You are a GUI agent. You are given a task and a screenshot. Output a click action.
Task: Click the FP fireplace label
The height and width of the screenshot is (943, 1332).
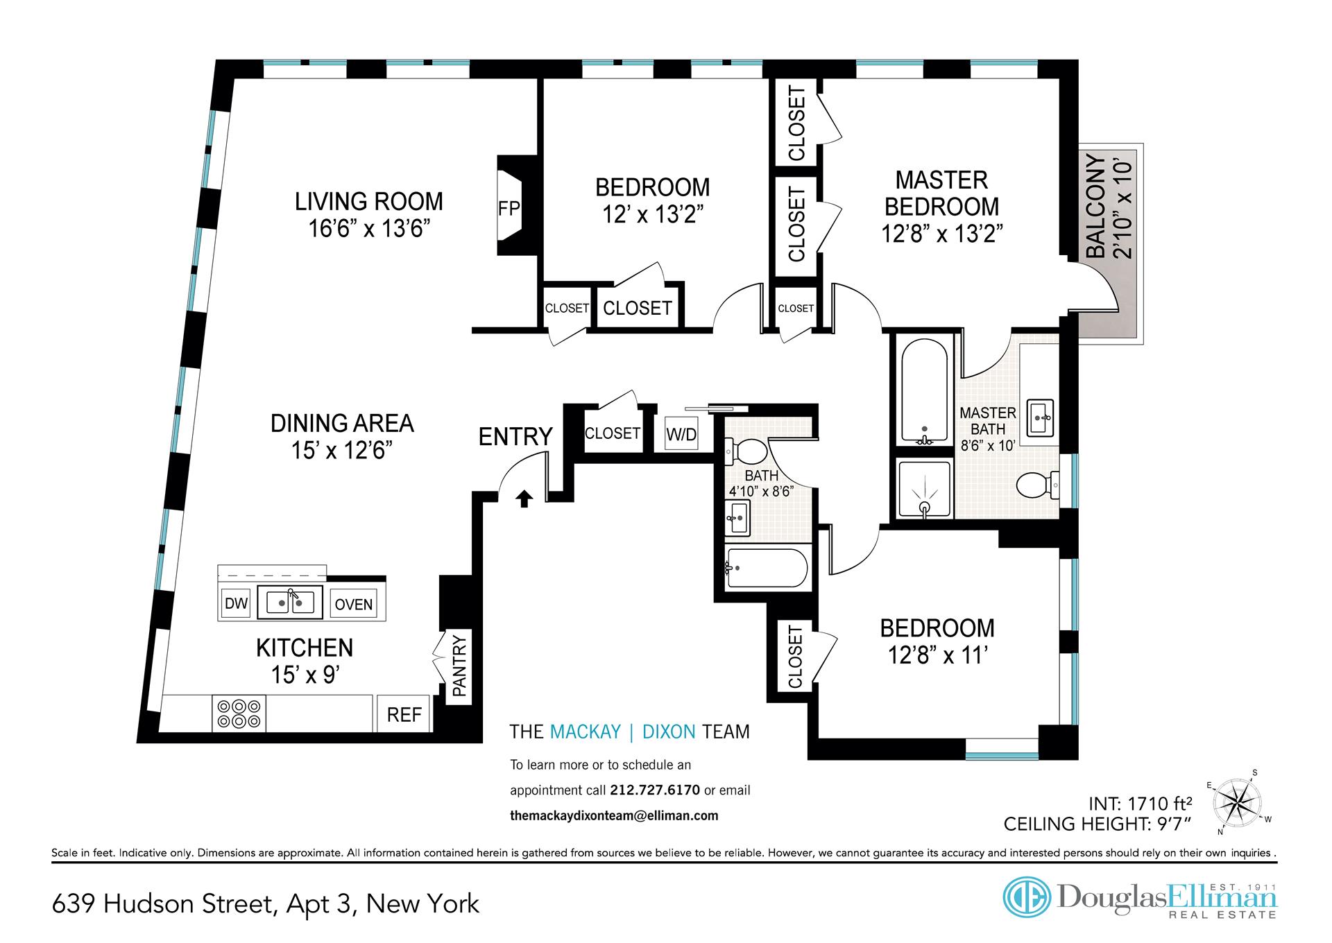pos(509,208)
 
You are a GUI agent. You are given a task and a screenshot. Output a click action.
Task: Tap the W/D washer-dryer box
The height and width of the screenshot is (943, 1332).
pos(681,434)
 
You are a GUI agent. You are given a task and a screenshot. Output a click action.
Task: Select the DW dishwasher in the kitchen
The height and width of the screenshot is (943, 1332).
pos(236,603)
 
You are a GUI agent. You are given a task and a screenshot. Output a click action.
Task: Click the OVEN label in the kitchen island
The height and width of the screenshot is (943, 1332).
pos(354,604)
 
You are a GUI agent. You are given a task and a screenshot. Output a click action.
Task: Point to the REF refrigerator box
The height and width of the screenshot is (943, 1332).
pos(404,714)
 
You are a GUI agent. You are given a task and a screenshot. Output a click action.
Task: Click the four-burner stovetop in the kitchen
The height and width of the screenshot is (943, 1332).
pos(239,713)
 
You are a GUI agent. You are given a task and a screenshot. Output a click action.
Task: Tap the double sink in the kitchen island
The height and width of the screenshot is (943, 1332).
pos(290,602)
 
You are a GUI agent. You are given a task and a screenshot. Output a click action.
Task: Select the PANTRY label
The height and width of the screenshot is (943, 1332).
pos(459,666)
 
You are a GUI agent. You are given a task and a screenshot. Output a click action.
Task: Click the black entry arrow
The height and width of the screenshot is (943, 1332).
pos(524,499)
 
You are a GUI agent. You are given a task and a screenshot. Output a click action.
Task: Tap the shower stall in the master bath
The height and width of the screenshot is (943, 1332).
pos(925,489)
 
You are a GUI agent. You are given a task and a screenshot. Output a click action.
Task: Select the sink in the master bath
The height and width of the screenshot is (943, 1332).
pos(1041,417)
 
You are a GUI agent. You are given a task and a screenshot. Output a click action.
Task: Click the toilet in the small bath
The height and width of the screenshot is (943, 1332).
pos(746,452)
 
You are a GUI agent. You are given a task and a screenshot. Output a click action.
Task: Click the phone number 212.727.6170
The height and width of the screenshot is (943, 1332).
pos(655,790)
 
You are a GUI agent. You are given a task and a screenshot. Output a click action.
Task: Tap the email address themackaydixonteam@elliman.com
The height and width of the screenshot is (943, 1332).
pos(614,815)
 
